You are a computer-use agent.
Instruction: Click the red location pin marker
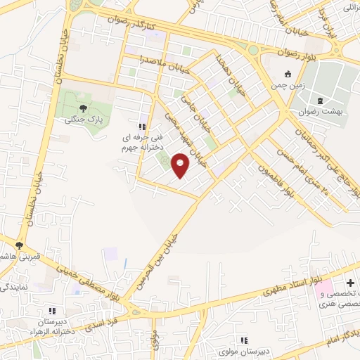pos(181,165)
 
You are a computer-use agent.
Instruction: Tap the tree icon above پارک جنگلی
pos(84,108)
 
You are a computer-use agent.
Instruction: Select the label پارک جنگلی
pos(84,120)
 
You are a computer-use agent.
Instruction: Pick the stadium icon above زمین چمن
pos(287,75)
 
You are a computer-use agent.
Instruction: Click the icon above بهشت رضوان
pos(319,101)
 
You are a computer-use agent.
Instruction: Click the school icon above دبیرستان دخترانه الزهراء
pos(51,309)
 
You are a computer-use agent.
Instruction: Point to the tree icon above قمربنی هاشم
pos(20,245)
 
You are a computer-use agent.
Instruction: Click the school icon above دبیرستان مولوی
pos(244,340)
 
